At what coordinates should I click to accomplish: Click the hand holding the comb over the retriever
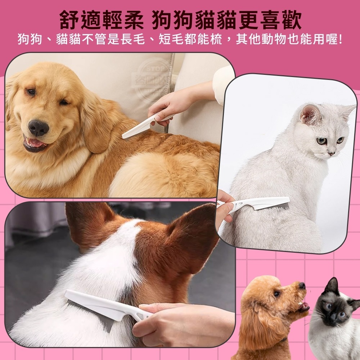tap(169, 106)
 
